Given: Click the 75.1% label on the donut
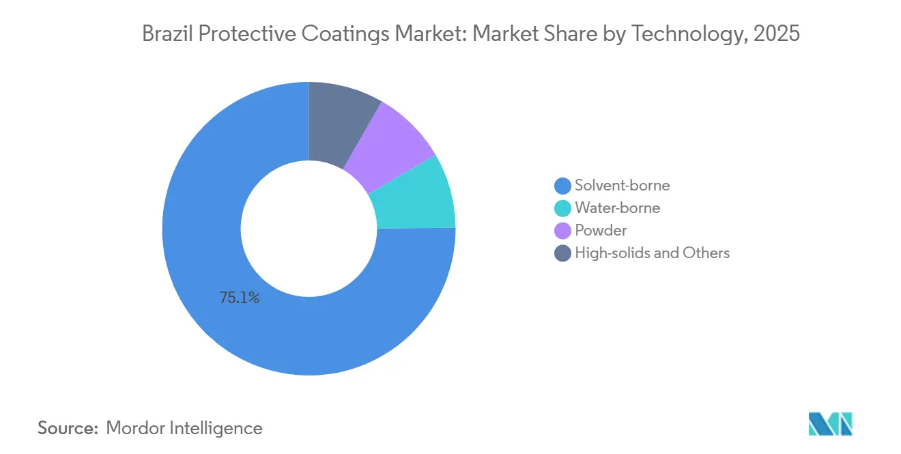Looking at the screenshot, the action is (x=240, y=298).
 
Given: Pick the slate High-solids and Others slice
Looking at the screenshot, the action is (x=340, y=121).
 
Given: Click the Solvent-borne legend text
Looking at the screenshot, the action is (x=623, y=186).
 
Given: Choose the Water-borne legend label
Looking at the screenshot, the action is (x=618, y=208).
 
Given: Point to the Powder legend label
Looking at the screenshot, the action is (x=601, y=231).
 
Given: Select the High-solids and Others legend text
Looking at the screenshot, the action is (x=652, y=253).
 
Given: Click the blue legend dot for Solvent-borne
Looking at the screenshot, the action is (x=562, y=186).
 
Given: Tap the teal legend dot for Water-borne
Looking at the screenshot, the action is (x=562, y=208).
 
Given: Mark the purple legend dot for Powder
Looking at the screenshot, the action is (x=562, y=231).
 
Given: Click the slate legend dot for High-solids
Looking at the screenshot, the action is (x=562, y=253).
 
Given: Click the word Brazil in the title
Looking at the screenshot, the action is (x=167, y=33).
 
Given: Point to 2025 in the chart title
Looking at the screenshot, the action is (x=776, y=33).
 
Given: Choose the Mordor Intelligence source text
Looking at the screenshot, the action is (x=184, y=428).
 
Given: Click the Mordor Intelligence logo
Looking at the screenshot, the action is (x=831, y=424).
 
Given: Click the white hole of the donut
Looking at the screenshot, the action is (x=309, y=229).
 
